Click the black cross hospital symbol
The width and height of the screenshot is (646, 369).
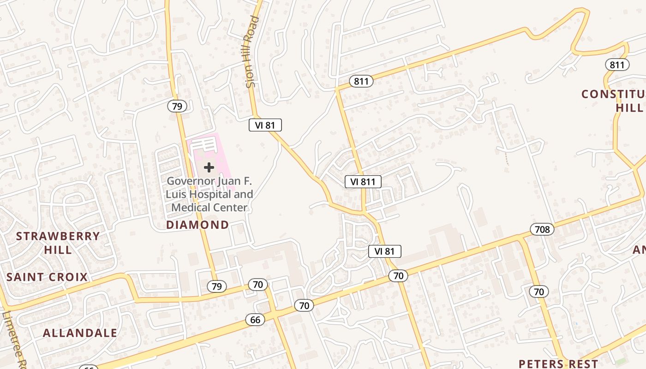209,167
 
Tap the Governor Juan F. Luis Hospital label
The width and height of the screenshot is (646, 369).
209,194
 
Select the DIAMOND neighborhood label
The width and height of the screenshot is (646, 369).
197,225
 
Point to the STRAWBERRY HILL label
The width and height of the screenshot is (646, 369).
58,243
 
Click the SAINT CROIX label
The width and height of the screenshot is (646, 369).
47,277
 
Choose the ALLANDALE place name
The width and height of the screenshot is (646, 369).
80,333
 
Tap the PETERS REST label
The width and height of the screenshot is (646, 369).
558,363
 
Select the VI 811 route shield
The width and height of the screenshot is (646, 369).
363,182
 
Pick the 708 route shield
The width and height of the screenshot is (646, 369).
542,229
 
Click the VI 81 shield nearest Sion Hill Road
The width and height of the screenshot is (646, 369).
265,125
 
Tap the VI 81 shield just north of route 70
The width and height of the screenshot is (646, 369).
385,251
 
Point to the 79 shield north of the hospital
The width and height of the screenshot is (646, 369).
177,107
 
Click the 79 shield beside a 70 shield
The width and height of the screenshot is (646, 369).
216,286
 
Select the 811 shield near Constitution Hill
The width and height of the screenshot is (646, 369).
617,65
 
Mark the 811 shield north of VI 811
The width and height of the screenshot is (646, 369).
361,82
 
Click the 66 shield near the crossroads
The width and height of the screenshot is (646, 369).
255,320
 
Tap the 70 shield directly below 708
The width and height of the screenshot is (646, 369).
538,292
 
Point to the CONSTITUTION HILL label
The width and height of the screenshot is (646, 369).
614,101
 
